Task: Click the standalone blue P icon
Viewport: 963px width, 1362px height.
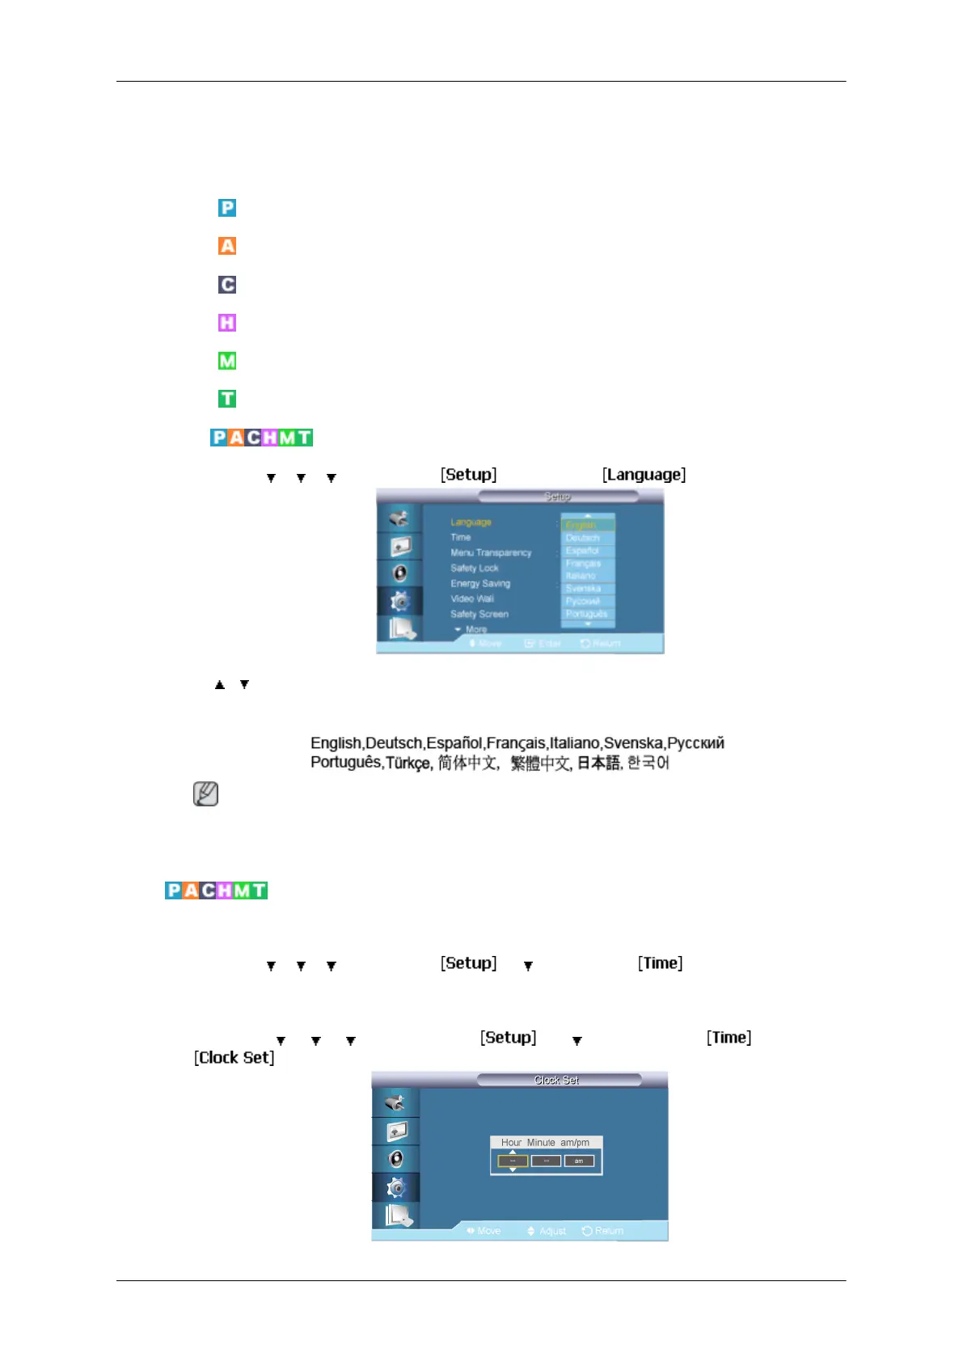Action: point(227,208)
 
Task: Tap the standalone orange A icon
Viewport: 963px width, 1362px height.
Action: point(227,246)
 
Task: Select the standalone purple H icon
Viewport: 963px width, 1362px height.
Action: point(227,323)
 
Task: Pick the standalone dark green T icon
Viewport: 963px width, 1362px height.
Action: point(227,399)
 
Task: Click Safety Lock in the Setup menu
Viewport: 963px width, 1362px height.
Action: point(475,569)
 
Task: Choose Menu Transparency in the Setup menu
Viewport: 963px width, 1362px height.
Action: point(491,553)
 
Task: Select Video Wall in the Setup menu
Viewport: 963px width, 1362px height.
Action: point(472,599)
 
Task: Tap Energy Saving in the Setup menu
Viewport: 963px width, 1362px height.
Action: point(480,584)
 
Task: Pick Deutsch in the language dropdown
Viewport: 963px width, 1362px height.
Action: point(583,538)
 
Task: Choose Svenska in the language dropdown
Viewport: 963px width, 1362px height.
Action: point(583,589)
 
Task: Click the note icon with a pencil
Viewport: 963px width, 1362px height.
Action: point(206,793)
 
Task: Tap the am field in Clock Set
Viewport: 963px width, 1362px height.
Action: point(579,1161)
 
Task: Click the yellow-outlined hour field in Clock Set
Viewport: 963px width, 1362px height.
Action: point(513,1161)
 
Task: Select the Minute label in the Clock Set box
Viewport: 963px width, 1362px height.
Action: point(541,1143)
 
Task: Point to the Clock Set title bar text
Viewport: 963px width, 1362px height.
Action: point(556,1081)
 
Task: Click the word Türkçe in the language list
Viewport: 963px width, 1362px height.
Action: point(408,763)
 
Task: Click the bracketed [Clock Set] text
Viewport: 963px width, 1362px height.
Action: point(234,1058)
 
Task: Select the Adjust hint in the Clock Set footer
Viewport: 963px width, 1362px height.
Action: point(552,1232)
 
